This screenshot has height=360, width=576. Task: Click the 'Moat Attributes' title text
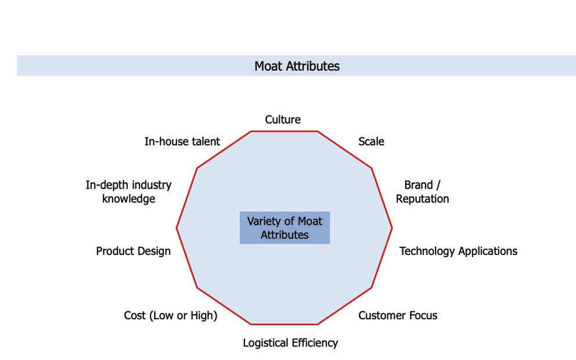coord(297,66)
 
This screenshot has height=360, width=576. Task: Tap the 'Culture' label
coord(283,120)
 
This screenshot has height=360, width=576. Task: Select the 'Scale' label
coord(371,141)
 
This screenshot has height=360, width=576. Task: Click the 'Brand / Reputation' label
coord(422,192)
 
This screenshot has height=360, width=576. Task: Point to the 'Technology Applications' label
coord(458,251)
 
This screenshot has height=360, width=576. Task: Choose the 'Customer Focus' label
coord(398,315)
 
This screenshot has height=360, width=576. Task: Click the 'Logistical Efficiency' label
coord(290,343)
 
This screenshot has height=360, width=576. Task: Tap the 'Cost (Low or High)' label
coord(170,315)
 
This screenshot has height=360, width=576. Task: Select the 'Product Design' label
coord(133,251)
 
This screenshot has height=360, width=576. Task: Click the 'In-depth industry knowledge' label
coord(128,192)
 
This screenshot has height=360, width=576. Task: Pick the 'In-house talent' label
coord(182,141)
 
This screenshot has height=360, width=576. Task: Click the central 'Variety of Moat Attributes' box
coord(285,228)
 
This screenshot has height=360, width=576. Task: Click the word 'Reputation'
coord(422,199)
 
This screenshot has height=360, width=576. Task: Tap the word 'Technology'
coord(427,251)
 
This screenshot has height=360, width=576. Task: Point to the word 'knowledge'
coord(128,199)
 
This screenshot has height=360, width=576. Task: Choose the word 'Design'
coord(154,251)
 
